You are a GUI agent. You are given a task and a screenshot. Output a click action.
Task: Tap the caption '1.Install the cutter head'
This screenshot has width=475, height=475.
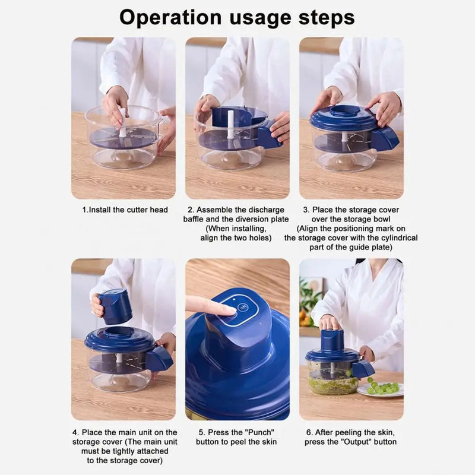(125, 210)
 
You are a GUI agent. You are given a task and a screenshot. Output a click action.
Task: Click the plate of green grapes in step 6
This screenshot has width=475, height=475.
(381, 389)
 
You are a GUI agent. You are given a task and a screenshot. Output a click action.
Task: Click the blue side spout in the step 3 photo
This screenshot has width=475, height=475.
(385, 138)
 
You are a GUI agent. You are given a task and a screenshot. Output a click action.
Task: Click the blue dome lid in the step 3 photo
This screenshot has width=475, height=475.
(344, 118)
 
